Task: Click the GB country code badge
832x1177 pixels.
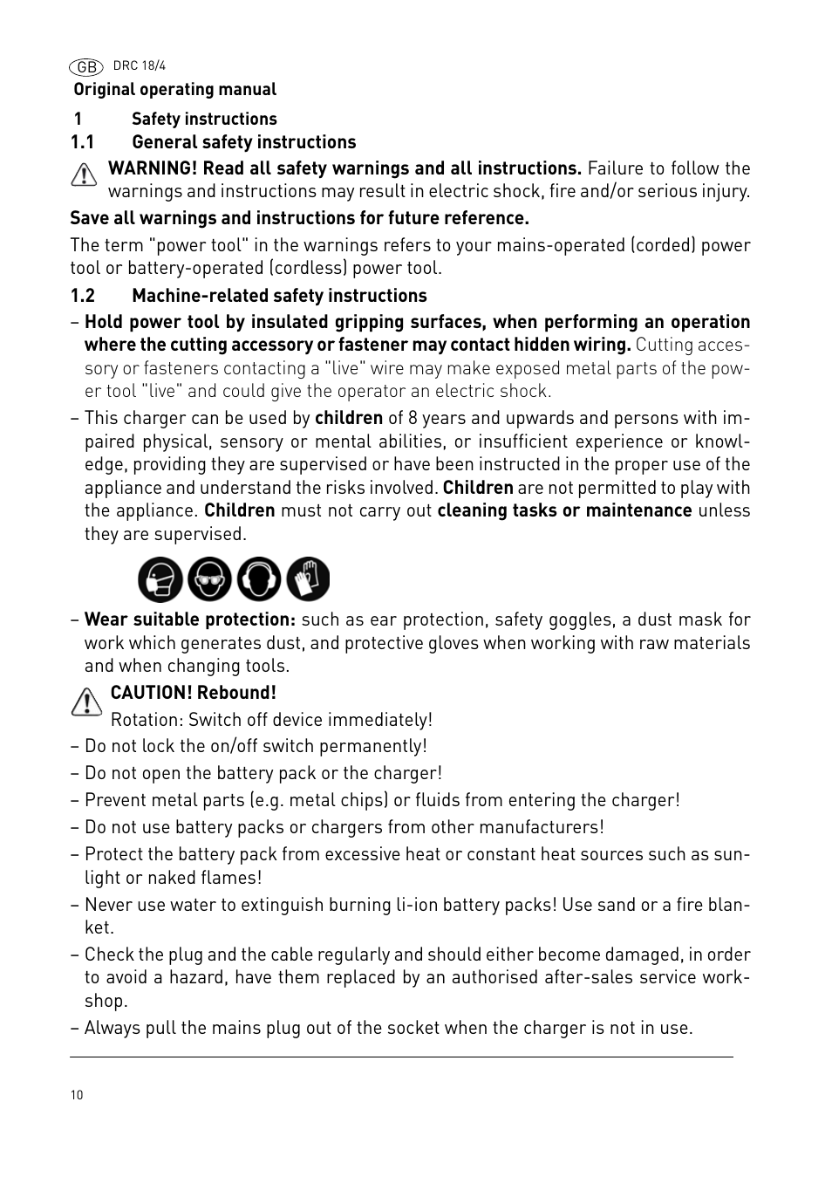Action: click(85, 67)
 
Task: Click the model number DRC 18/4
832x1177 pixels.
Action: click(140, 66)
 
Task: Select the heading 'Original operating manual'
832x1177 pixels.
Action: click(174, 90)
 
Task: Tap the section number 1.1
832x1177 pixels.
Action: click(82, 142)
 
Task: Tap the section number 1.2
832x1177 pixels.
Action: click(82, 296)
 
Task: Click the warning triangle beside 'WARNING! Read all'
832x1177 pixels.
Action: click(84, 175)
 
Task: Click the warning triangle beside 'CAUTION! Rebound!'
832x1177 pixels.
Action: click(86, 701)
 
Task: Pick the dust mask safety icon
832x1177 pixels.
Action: click(160, 579)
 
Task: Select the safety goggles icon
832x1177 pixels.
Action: click(209, 579)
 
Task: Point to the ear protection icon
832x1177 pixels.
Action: click(259, 579)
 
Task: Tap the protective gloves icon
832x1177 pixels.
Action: click(309, 579)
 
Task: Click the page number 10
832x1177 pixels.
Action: click(77, 1095)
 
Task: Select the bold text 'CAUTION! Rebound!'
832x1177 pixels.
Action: click(193, 693)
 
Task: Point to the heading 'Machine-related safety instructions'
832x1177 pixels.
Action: click(279, 296)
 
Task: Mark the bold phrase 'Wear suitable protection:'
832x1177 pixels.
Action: click(190, 619)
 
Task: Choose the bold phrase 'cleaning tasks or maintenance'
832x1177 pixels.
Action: click(564, 510)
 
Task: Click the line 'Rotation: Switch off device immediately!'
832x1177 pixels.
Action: click(271, 720)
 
